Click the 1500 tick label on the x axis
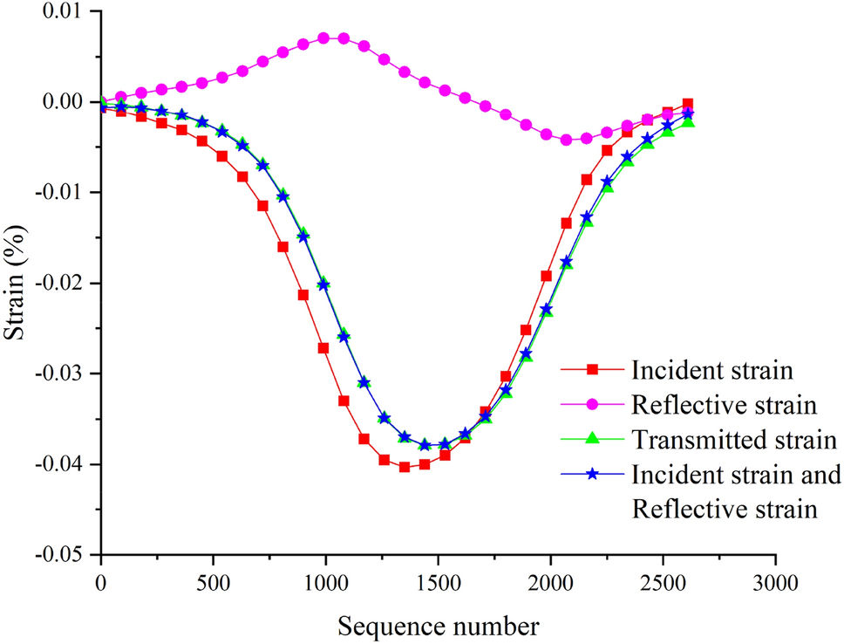[x=439, y=581]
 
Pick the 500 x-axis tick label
[x=214, y=581]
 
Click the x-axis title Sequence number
[x=439, y=625]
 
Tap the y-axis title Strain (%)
[x=18, y=284]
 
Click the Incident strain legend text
[x=709, y=370]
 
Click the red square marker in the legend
[x=592, y=370]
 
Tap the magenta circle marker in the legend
[x=592, y=405]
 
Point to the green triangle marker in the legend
[x=592, y=439]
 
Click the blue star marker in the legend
[x=592, y=474]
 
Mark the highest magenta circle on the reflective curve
[x=323, y=38]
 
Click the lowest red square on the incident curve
[x=405, y=467]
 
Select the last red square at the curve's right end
[x=688, y=104]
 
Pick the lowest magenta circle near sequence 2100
[x=567, y=140]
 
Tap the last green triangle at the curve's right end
[x=688, y=121]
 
